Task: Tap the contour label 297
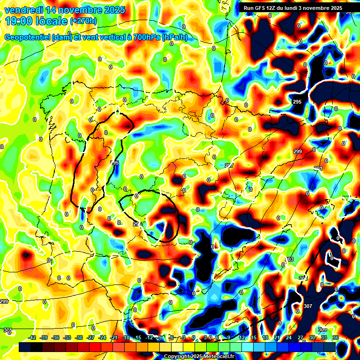229,165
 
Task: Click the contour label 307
307,306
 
